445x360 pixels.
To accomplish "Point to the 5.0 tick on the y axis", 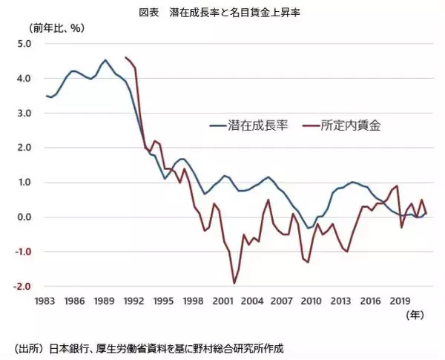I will click(x=23, y=44).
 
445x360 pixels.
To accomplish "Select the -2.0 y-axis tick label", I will click(x=22, y=287).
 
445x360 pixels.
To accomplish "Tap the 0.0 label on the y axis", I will click(x=23, y=217).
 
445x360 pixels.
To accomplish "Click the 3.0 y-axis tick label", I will click(x=23, y=114).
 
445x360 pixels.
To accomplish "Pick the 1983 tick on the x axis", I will click(x=47, y=302).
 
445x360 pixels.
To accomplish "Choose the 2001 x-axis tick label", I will click(x=222, y=302).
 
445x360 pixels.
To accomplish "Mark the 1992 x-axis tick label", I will click(x=134, y=302).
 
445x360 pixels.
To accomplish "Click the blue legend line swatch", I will click(x=219, y=125).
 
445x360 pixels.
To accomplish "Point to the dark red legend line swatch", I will click(x=311, y=125).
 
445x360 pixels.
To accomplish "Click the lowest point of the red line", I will click(x=234, y=283).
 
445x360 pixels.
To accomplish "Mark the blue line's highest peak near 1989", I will click(x=105, y=60).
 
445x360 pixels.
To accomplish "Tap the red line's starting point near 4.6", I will click(x=126, y=57).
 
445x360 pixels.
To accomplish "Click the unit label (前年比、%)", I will click(x=56, y=28).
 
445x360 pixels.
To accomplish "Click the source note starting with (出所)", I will click(x=148, y=347).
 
